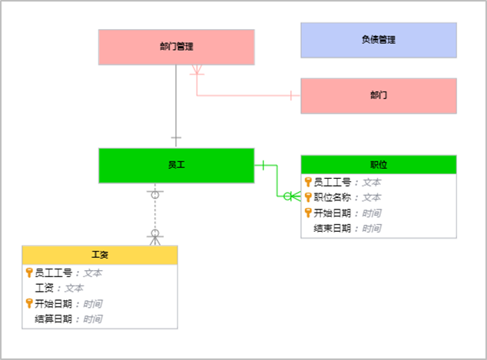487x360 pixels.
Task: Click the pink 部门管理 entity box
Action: [x=177, y=47]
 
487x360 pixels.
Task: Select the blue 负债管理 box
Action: [x=379, y=40]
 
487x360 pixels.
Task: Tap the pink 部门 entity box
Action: [x=379, y=96]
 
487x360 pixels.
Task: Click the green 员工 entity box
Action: [x=177, y=165]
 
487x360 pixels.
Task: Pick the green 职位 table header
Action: [x=379, y=164]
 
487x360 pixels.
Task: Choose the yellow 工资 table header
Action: [x=100, y=255]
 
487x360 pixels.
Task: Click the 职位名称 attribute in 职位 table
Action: [x=332, y=197]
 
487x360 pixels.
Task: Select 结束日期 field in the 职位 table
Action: [x=332, y=229]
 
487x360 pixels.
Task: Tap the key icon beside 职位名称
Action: [x=308, y=197]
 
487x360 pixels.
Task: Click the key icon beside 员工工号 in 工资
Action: [x=29, y=272]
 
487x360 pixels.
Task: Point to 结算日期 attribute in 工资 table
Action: [x=53, y=319]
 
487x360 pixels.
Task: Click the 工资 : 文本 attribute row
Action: [x=59, y=288]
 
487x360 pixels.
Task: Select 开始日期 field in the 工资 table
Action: [x=53, y=303]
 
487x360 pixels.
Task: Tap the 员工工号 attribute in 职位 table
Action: [x=332, y=182]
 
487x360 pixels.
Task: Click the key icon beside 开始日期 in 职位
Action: [x=308, y=213]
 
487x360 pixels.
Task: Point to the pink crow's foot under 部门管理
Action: [x=197, y=70]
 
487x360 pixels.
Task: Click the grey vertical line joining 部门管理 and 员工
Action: [x=176, y=105]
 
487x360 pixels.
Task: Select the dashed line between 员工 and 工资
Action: [x=155, y=214]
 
